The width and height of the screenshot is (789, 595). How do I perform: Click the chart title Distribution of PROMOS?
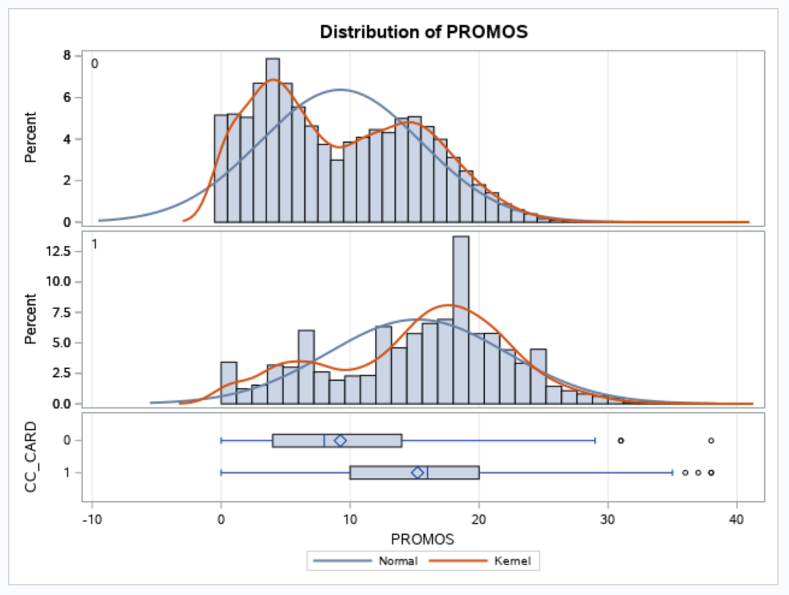point(423,32)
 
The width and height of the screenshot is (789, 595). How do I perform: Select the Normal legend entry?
point(398,561)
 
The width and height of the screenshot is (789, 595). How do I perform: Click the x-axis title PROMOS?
point(423,537)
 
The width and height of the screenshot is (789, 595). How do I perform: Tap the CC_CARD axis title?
point(32,456)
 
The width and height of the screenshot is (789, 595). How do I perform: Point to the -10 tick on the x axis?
point(92,519)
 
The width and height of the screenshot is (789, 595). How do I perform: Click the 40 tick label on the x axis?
point(737,519)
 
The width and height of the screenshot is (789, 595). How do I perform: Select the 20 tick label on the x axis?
point(479,519)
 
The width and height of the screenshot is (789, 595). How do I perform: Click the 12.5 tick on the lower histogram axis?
point(61,251)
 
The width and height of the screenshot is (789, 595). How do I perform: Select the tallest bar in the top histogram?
point(273,140)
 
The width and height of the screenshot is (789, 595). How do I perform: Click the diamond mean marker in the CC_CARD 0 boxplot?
point(340,440)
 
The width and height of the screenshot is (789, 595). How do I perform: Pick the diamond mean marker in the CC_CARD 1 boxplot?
point(417,472)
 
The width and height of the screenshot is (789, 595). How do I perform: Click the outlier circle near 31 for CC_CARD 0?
point(620,440)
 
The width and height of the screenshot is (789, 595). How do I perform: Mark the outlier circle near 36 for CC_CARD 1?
point(685,472)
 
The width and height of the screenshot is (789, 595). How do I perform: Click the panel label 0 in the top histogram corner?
point(94,64)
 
